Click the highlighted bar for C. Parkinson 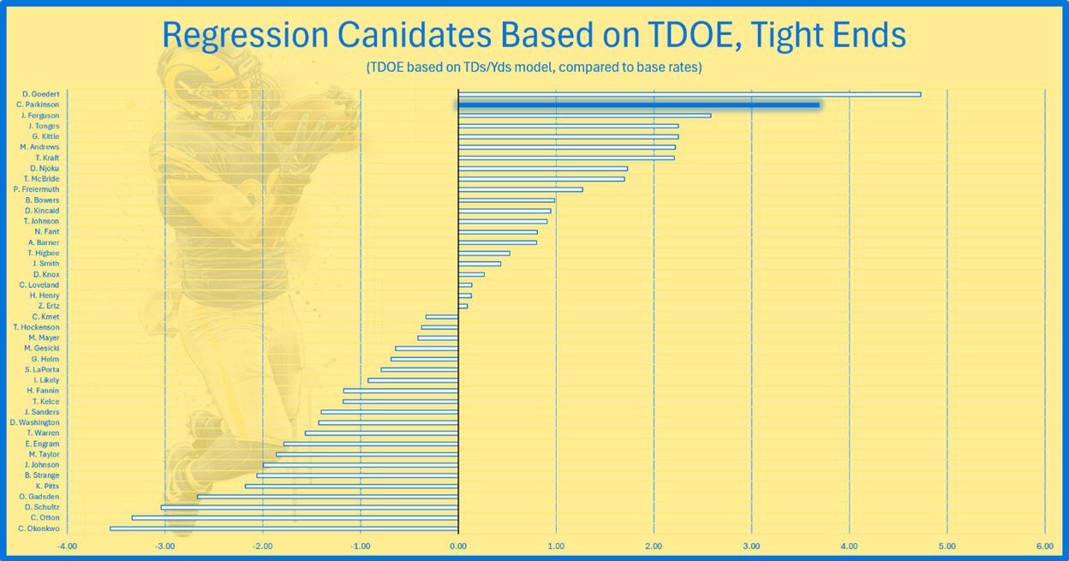(x=638, y=105)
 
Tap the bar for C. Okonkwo (x=284, y=528)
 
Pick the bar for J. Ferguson (x=584, y=116)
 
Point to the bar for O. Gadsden (x=328, y=497)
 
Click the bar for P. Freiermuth (x=520, y=189)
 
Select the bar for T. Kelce (x=401, y=402)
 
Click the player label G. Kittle (x=45, y=137)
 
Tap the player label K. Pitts (x=47, y=486)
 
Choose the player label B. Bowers (x=42, y=200)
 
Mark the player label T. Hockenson (x=37, y=327)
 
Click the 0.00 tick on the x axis (x=458, y=546)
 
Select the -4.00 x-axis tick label (x=67, y=546)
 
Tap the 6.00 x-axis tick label (x=1044, y=546)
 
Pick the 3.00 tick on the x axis (x=751, y=546)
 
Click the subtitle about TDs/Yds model (x=534, y=67)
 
